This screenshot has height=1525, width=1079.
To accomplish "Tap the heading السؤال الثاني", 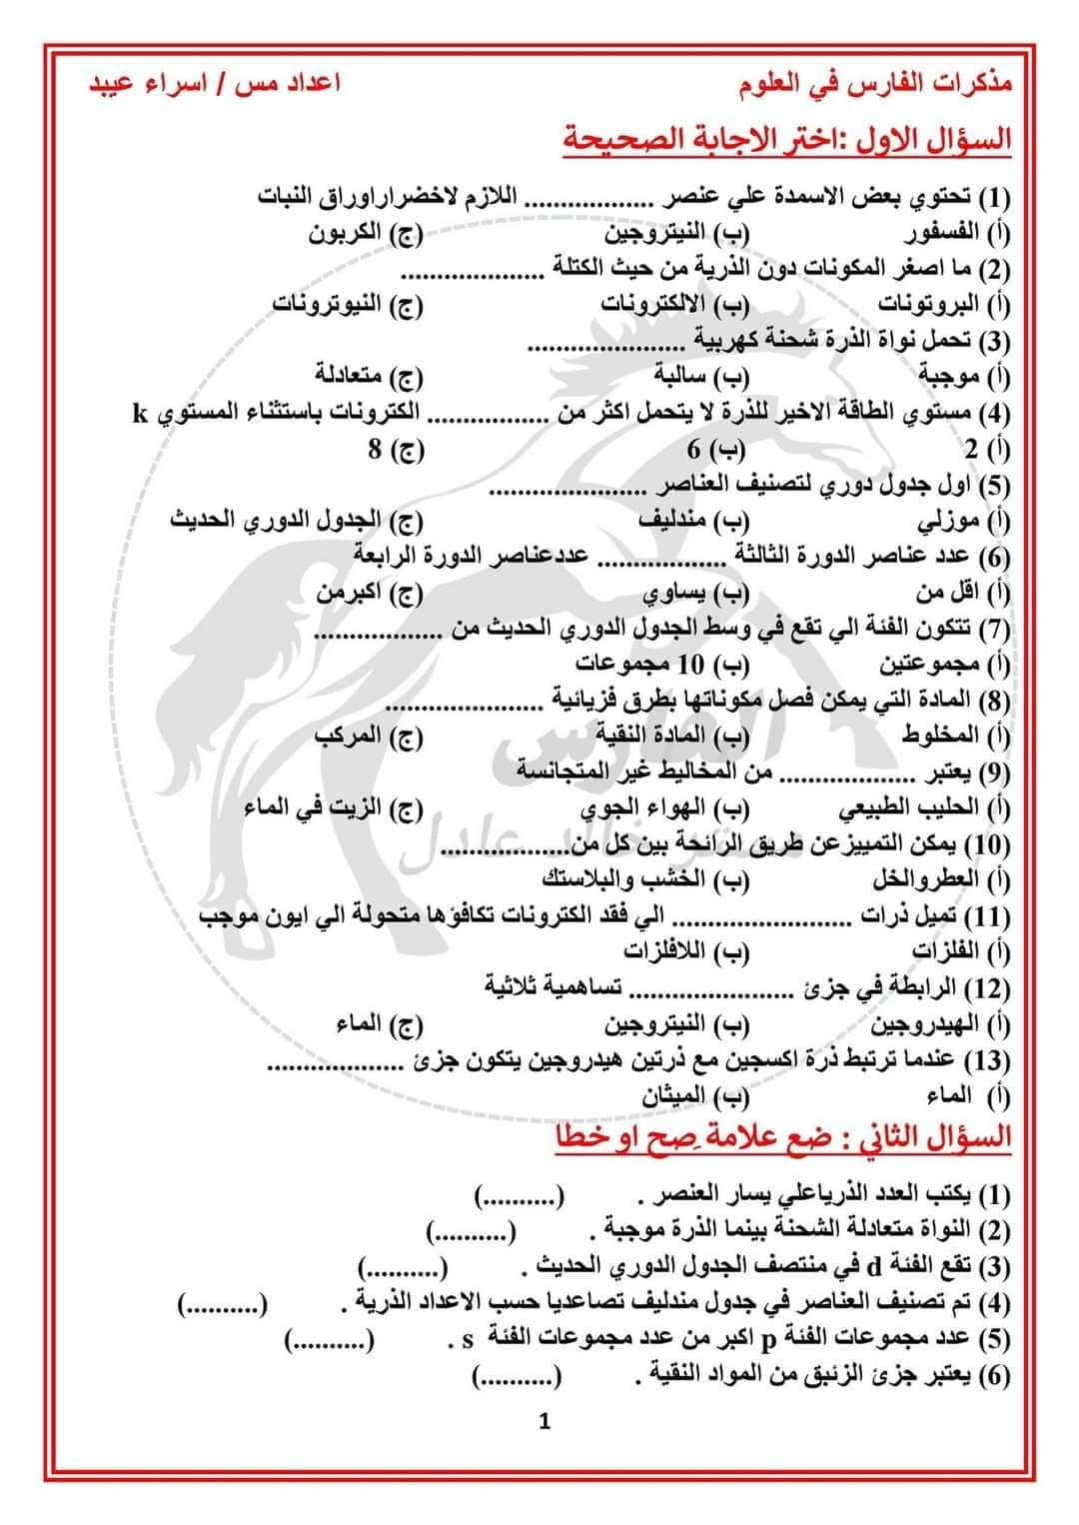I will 784,1137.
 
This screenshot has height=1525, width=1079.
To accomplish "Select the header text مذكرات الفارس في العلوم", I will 876,84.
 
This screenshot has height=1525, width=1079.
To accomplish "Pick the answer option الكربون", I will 363,234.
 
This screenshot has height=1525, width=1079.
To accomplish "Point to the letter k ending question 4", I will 140,413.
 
